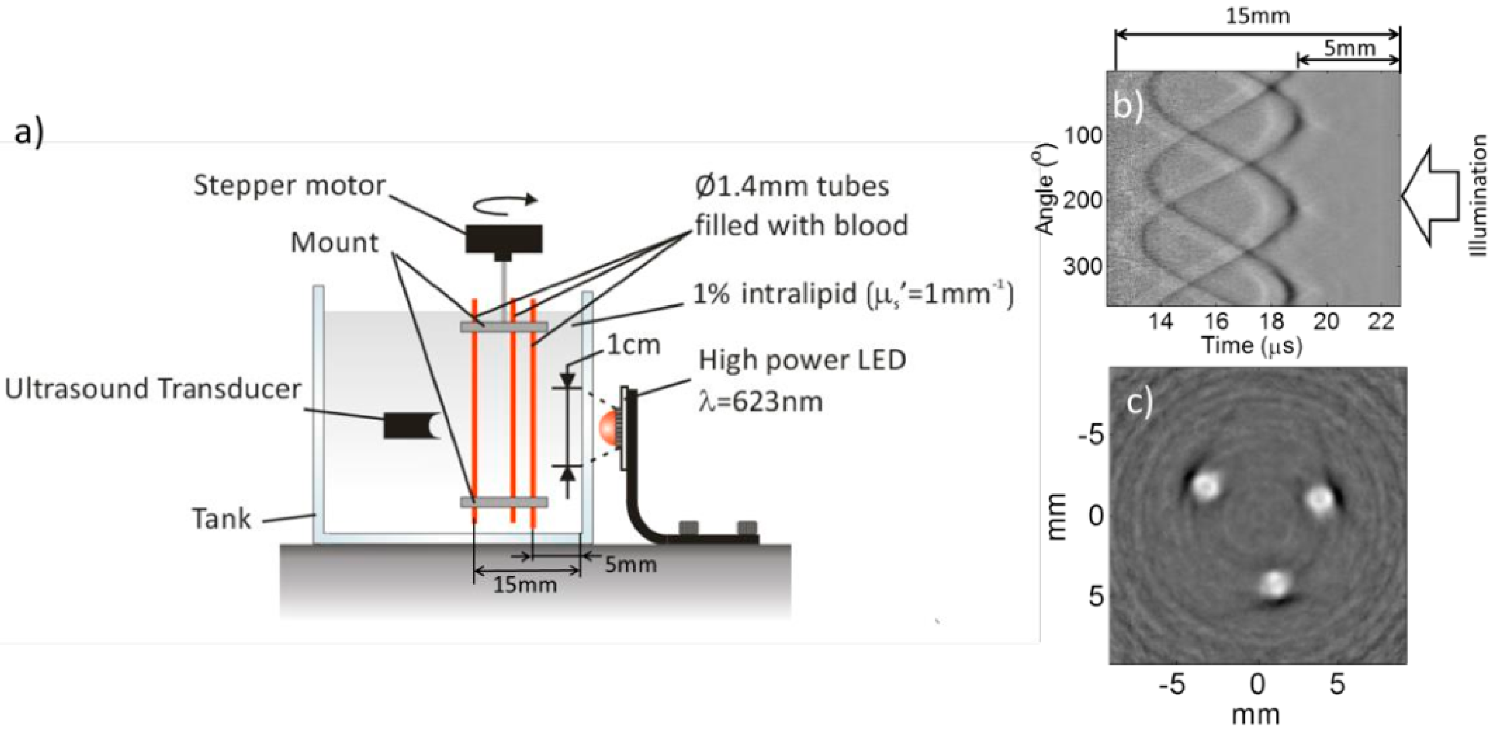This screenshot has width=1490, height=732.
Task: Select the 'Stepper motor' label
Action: (x=289, y=185)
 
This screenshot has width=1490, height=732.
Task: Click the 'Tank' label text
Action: (x=222, y=519)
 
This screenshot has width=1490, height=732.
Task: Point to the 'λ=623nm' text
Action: (x=760, y=401)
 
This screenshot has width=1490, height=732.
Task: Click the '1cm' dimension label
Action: (x=633, y=345)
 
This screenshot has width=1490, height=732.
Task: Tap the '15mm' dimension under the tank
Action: (x=525, y=585)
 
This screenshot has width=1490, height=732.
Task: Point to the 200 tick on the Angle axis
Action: (x=1083, y=200)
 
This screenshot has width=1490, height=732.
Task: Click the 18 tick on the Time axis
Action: (x=1271, y=321)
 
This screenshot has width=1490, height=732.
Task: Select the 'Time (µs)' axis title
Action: (x=1252, y=346)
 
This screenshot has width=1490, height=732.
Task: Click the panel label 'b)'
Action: (x=1128, y=107)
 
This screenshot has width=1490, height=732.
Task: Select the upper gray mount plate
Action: (x=504, y=327)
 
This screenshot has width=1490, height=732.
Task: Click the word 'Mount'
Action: (x=334, y=243)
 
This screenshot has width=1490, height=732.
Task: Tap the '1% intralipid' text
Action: (x=775, y=294)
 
